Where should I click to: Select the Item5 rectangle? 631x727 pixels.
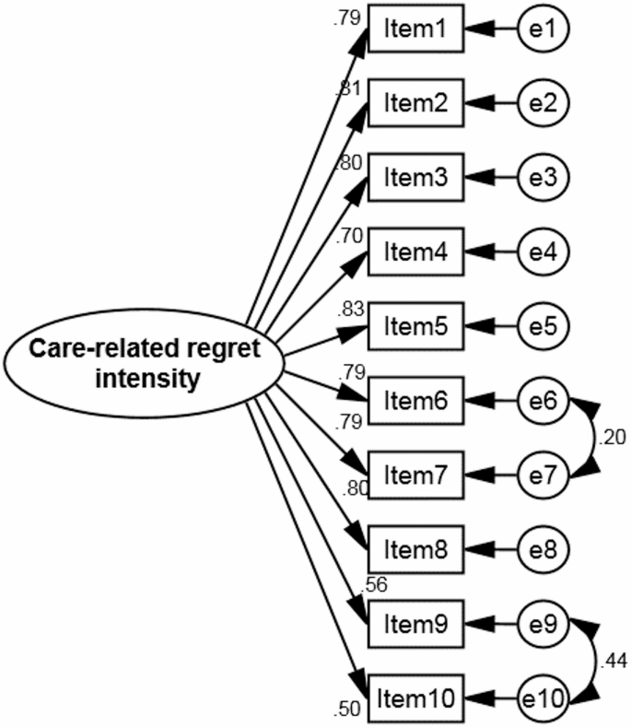point(414,326)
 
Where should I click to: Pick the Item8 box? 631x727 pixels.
point(414,549)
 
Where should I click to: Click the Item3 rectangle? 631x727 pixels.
point(414,178)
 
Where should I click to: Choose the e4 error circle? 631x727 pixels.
point(544,252)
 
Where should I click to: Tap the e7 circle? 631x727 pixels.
point(544,475)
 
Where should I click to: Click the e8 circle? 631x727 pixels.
point(544,549)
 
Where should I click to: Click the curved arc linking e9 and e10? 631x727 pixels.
point(594,660)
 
